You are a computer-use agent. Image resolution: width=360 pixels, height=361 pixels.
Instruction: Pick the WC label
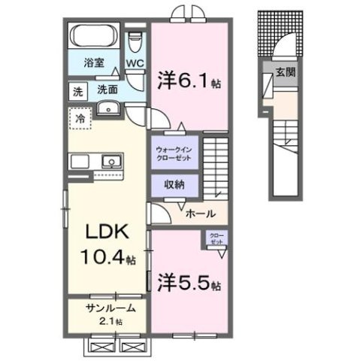[x=135, y=65]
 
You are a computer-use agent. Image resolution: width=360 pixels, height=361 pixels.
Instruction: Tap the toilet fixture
[x=135, y=38]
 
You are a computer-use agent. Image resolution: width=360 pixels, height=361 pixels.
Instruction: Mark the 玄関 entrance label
[x=284, y=72]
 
